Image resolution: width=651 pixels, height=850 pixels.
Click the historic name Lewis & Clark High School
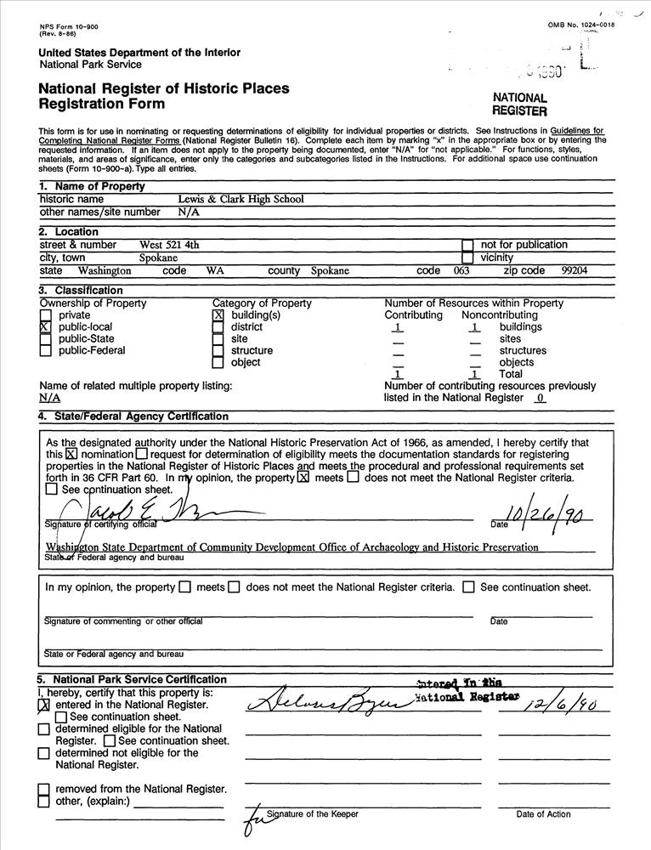pos(241,200)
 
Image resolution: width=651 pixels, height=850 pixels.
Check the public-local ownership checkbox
pos(45,327)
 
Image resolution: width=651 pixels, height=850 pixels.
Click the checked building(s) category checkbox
pos(218,315)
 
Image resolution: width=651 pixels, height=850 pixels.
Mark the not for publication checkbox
pos(467,246)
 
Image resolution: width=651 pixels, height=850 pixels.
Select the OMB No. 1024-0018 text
pos(582,25)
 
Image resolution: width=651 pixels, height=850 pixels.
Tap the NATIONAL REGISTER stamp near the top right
pos(519,105)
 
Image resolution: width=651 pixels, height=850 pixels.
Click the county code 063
pos(461,271)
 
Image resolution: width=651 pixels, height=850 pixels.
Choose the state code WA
pos(214,271)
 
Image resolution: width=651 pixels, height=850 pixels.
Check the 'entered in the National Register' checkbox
pos(44,705)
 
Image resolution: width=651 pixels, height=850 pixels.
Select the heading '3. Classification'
pos(80,291)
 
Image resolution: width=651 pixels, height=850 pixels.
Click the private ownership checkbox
pos(45,315)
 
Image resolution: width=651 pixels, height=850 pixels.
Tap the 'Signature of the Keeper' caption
pos(312,814)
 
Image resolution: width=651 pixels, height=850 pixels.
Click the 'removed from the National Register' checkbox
pos(44,790)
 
